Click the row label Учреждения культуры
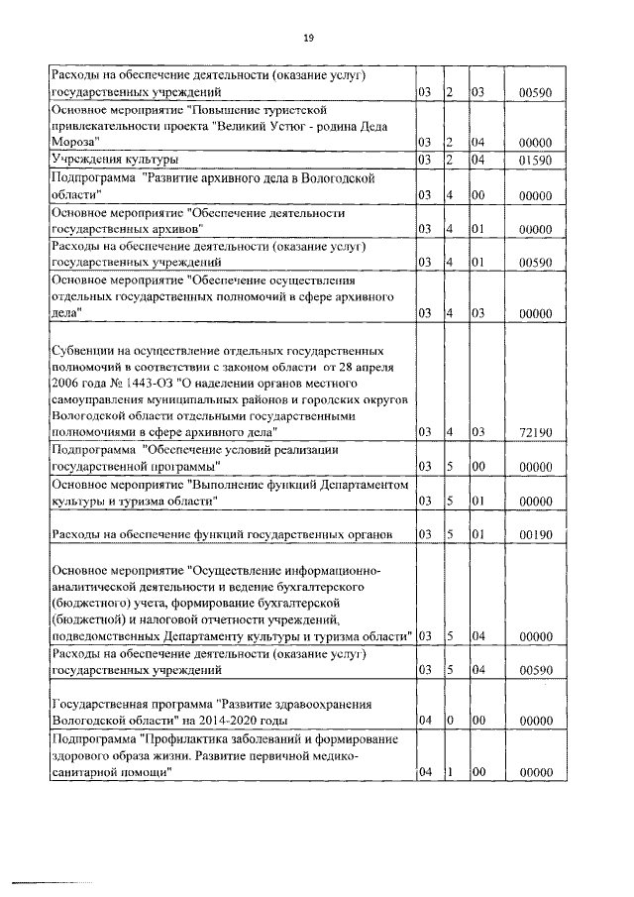click(115, 159)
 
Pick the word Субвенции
click(84, 352)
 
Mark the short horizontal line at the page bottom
click(50, 853)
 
